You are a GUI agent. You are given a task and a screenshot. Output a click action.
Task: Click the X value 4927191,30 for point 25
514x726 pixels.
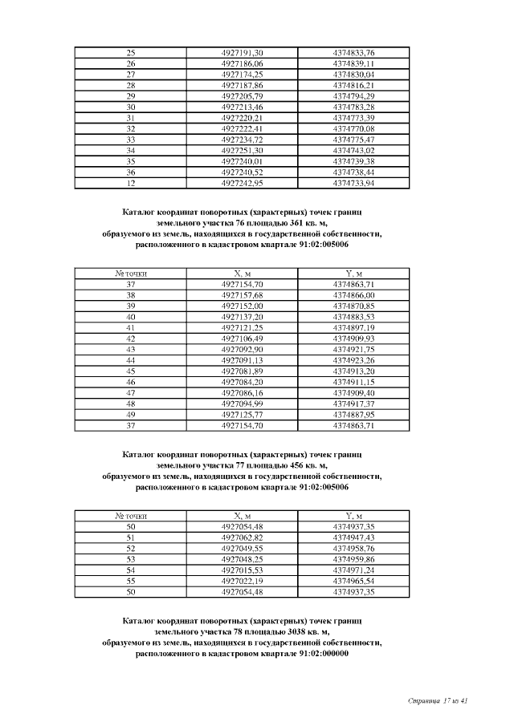242,52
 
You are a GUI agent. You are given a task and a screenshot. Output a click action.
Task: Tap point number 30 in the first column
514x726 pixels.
131,106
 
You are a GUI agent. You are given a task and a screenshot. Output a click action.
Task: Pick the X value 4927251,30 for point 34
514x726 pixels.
242,150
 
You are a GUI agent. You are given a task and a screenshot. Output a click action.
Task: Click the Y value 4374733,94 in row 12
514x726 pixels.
353,183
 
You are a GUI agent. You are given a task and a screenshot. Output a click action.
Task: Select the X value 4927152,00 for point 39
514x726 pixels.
242,306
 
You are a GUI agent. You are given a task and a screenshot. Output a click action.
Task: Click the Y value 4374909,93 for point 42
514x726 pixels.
353,339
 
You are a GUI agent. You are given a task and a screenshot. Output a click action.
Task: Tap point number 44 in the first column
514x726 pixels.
131,360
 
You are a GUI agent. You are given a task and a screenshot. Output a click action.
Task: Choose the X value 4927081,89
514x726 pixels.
242,371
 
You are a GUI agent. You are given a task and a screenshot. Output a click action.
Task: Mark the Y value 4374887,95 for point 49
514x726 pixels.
353,415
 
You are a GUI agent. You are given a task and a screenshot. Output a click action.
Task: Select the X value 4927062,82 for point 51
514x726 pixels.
242,537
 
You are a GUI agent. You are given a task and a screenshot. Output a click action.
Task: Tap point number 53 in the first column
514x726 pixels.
131,558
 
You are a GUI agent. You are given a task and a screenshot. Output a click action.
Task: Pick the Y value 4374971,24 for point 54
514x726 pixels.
353,570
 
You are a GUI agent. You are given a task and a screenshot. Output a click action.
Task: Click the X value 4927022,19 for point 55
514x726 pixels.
242,580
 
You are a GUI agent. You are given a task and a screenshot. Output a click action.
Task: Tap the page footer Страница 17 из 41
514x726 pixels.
438,701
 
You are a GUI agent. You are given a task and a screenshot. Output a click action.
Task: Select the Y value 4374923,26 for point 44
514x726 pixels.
353,360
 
